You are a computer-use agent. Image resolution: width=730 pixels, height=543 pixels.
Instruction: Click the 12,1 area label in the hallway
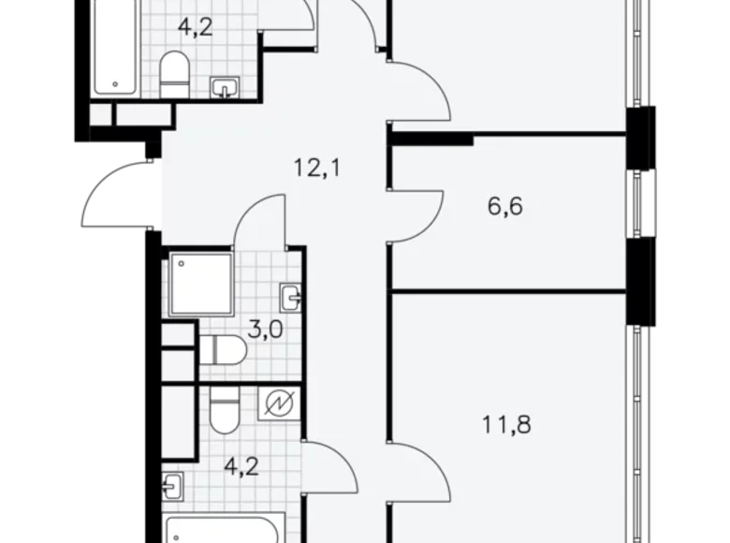(317, 168)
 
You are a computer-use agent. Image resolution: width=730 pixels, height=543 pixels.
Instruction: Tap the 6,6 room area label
(505, 206)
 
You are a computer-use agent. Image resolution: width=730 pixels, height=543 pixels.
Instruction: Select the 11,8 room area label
(506, 425)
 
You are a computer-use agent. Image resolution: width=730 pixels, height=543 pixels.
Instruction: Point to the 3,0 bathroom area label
(266, 330)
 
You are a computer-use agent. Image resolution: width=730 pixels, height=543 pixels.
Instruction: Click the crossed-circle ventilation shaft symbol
(279, 404)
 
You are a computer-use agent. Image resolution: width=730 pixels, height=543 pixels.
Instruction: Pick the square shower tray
(200, 284)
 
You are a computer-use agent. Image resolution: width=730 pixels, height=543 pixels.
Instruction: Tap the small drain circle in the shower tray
(182, 264)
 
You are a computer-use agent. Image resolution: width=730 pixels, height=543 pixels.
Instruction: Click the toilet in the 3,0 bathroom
(223, 350)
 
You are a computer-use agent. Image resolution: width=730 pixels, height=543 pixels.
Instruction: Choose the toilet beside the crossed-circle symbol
(225, 411)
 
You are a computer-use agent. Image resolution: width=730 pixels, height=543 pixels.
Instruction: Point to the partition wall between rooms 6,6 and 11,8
(508, 291)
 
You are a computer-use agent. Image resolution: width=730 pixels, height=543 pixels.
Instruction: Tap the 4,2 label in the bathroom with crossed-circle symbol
(241, 466)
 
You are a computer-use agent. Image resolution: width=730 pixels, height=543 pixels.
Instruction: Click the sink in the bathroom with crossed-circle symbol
(173, 486)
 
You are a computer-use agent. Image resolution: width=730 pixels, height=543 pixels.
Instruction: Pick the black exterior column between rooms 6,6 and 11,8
(640, 281)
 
